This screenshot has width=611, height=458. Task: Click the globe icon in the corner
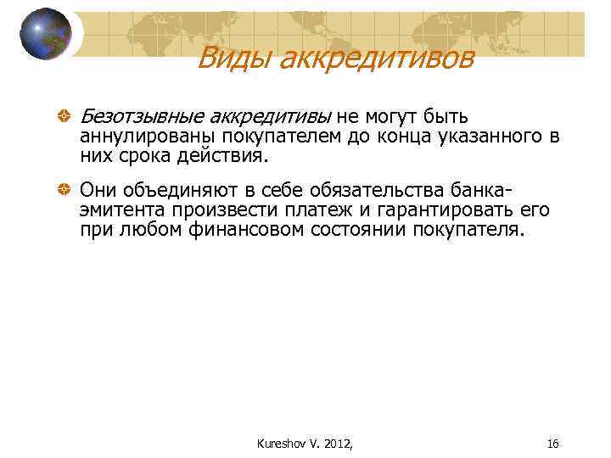point(46,33)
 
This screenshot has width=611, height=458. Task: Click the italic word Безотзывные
point(141,117)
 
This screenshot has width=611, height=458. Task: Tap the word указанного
point(481,137)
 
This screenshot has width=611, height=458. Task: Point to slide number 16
point(553,444)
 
